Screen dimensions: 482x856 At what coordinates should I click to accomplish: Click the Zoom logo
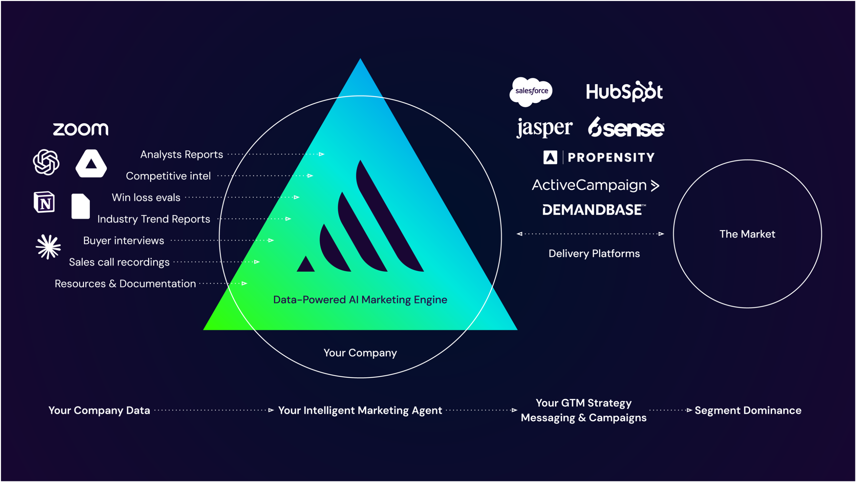coord(81,129)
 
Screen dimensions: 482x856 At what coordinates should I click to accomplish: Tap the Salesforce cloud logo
coord(531,91)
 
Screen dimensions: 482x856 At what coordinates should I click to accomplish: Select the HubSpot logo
coord(624,92)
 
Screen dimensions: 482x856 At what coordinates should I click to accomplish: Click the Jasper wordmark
coord(544,128)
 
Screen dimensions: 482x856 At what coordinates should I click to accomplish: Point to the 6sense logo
coord(626,128)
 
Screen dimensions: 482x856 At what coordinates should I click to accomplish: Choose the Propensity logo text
coord(611,157)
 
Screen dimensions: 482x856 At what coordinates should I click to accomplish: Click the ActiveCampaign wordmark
coord(595,185)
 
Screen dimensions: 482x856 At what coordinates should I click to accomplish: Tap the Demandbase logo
coord(594,210)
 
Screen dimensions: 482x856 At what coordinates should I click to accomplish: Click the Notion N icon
coord(44,202)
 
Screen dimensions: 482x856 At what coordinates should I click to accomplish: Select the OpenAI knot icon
coord(46,162)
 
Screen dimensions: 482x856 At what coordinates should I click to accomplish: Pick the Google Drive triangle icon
coord(91,164)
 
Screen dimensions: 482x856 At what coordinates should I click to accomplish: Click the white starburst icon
coord(48,247)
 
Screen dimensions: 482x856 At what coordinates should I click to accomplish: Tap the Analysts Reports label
coord(181,154)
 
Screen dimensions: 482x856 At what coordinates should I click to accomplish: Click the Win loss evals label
coord(146,198)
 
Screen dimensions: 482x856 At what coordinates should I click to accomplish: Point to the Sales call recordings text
coord(119,262)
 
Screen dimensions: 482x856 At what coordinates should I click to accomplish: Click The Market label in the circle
coord(747,234)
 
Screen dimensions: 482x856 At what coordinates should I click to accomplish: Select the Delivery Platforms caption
coord(594,254)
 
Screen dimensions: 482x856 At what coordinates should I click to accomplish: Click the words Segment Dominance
coord(748,410)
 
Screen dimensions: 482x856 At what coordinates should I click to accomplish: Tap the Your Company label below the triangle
coord(360,353)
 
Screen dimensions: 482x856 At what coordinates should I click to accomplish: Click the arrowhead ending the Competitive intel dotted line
coord(310,176)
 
